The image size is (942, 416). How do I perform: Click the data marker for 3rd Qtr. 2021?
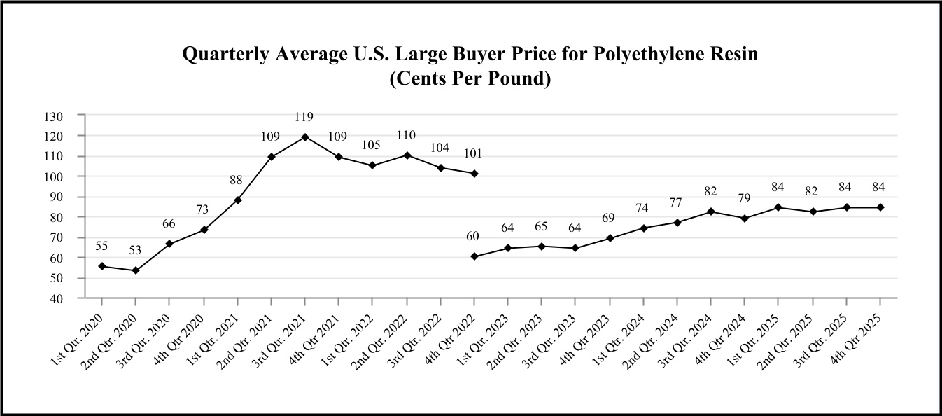(x=304, y=137)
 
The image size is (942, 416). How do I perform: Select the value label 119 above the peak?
(x=304, y=117)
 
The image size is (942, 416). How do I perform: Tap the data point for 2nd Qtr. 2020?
(x=136, y=270)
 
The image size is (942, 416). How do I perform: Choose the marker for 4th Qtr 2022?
(x=474, y=173)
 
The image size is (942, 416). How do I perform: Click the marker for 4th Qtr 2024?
(x=745, y=219)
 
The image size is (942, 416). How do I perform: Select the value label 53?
(x=136, y=250)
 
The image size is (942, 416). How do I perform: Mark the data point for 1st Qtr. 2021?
(x=237, y=200)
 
